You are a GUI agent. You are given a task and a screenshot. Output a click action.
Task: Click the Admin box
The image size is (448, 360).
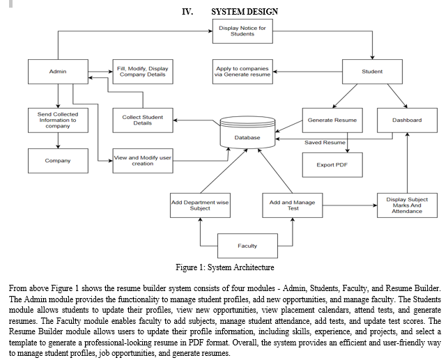58,72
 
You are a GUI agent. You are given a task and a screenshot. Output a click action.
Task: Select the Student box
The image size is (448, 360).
372,72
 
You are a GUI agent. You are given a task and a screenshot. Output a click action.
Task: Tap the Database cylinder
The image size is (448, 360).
247,132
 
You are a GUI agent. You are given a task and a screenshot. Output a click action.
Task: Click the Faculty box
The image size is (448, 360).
247,246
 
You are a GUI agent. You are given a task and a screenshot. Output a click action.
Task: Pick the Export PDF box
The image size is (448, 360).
332,165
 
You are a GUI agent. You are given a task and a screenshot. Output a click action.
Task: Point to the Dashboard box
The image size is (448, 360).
407,120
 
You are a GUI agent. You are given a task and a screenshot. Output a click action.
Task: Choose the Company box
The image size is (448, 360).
58,161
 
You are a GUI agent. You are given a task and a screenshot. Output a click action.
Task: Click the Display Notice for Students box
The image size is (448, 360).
242,31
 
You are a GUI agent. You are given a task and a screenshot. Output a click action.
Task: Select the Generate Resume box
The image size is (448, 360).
332,120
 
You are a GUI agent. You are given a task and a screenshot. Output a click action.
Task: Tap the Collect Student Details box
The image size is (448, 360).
143,120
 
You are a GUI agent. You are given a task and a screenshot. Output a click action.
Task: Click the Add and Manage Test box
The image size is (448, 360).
293,205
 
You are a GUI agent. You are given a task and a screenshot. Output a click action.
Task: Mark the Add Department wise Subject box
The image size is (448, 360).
200,205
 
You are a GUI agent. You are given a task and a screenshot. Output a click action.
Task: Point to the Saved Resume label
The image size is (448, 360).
325,143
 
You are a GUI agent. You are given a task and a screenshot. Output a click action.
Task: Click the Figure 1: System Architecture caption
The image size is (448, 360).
225,267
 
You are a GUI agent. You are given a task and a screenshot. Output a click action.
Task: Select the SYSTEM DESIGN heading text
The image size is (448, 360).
245,12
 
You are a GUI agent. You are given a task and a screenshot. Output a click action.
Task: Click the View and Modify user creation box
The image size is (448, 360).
143,161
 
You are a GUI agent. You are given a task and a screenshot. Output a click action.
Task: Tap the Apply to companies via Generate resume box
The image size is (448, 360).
242,72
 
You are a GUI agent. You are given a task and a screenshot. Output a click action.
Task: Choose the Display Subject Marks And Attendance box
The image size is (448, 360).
407,205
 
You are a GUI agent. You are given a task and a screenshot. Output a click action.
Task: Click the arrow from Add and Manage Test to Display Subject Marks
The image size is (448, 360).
350,205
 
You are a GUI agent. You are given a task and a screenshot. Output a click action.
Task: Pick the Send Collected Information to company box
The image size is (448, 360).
58,120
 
